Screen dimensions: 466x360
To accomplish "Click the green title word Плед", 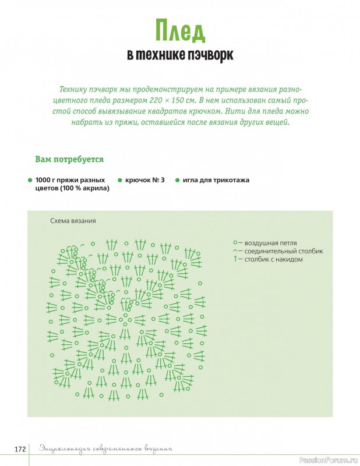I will coord(180,31).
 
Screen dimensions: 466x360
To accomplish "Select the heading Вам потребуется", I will coord(69,159).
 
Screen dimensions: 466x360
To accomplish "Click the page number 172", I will coord(20,449).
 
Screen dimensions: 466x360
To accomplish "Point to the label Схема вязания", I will coord(73,221).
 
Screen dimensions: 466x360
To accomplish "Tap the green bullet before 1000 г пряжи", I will coord(29,181).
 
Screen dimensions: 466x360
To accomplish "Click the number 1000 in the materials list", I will coord(44,181).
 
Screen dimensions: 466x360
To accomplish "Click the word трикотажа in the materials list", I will coord(230,181).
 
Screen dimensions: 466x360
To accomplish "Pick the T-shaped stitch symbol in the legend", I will coord(235,259).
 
